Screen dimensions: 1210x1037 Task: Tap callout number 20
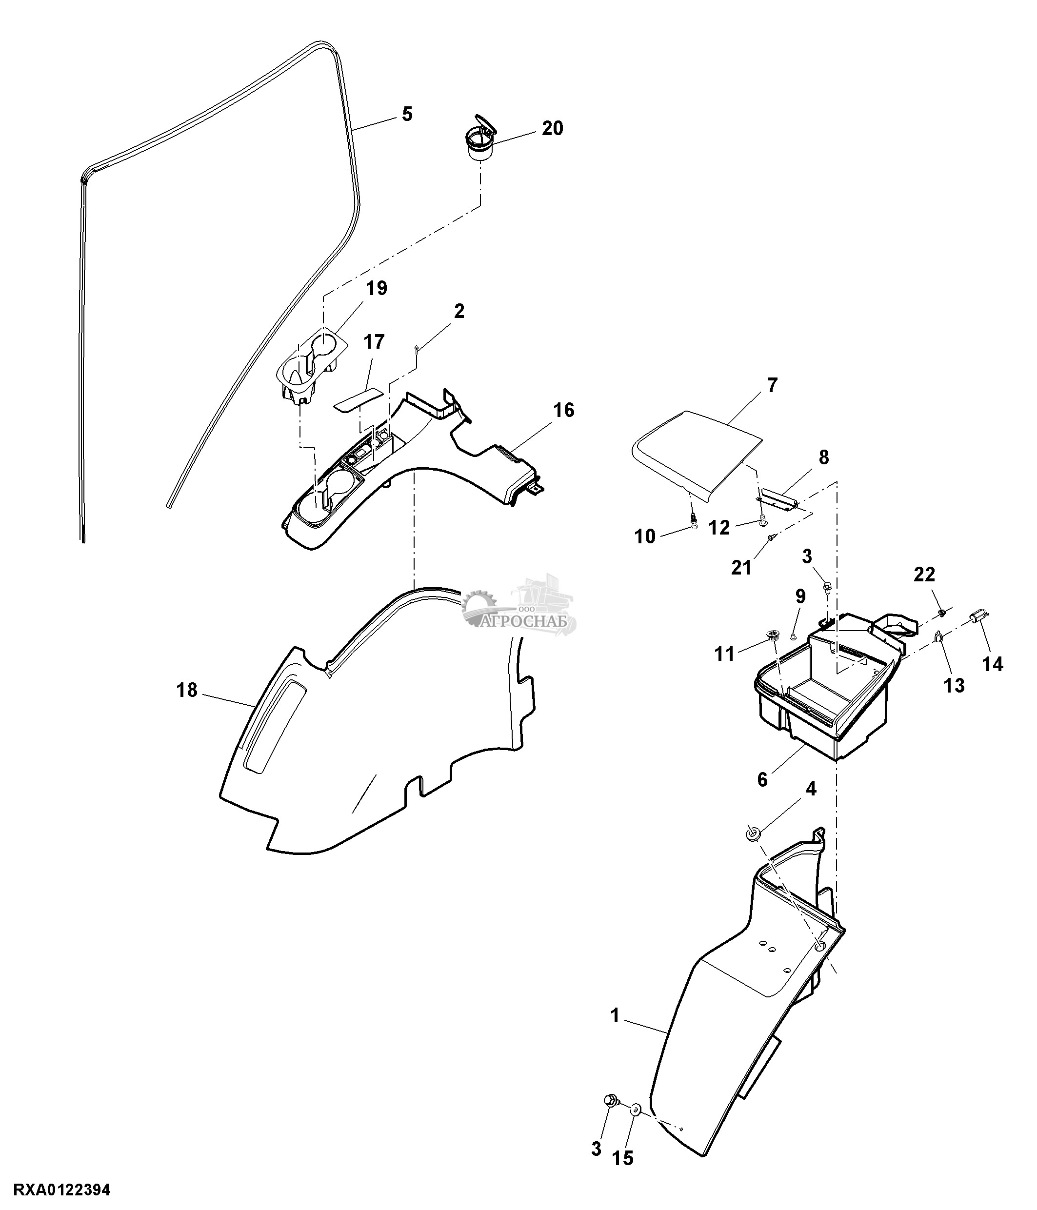[x=552, y=128]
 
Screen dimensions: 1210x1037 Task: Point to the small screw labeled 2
[x=416, y=348]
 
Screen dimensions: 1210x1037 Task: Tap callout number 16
[x=563, y=410]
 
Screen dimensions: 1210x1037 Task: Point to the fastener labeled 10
[x=693, y=523]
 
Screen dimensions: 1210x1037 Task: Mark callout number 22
[x=924, y=575]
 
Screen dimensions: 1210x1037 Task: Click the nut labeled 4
[x=752, y=833]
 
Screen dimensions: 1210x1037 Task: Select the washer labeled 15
[x=636, y=1110]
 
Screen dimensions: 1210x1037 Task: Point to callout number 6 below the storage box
[x=762, y=780]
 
